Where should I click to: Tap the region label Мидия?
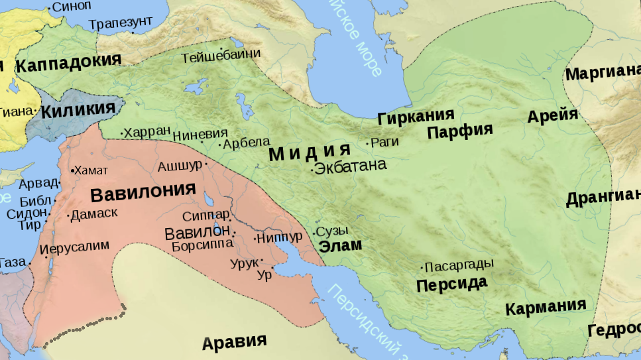pyautogui.click(x=309, y=153)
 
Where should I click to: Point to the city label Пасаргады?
pyautogui.click(x=459, y=265)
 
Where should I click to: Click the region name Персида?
pyautogui.click(x=451, y=284)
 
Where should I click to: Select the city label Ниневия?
pyautogui.click(x=200, y=134)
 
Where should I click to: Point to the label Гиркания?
pyautogui.click(x=416, y=118)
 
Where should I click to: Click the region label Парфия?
pyautogui.click(x=460, y=131)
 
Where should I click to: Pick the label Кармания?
pyautogui.click(x=546, y=307)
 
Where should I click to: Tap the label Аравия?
pyautogui.click(x=234, y=342)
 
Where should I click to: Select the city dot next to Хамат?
pyautogui.click(x=72, y=171)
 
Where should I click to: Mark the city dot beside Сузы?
pyautogui.click(x=314, y=233)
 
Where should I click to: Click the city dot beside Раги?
pyautogui.click(x=367, y=143)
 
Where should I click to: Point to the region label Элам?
pyautogui.click(x=341, y=245)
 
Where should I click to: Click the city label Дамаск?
pyautogui.click(x=94, y=213)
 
